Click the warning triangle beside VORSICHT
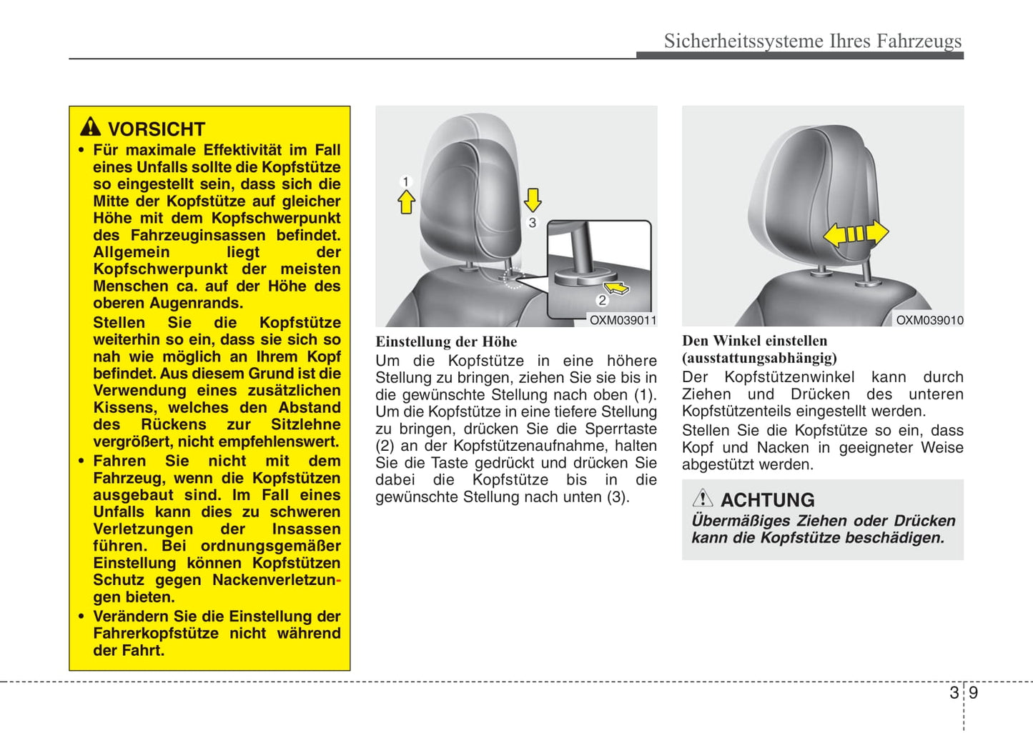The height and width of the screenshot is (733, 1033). click(x=90, y=127)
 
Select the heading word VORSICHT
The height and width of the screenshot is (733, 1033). click(x=157, y=129)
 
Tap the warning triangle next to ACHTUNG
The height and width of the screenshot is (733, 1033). click(x=703, y=498)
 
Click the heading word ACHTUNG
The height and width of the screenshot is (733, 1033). click(x=767, y=500)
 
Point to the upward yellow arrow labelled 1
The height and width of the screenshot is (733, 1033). click(x=406, y=203)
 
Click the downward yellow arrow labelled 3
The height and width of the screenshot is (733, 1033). click(x=533, y=199)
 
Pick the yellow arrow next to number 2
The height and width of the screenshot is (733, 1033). click(x=617, y=288)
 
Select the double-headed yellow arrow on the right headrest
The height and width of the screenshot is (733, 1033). click(x=856, y=234)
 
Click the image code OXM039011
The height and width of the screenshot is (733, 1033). click(x=623, y=321)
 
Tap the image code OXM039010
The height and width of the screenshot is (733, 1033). click(x=929, y=321)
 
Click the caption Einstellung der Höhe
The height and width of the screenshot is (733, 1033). click(x=446, y=342)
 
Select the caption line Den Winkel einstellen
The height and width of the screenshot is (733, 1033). click(x=754, y=341)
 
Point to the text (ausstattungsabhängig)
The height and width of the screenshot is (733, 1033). click(x=759, y=358)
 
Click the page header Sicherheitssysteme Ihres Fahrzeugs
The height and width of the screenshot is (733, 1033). click(x=812, y=41)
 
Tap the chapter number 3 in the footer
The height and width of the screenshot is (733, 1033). click(x=954, y=692)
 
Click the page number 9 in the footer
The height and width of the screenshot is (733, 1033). click(x=973, y=692)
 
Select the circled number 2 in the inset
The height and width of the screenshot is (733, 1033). click(x=602, y=300)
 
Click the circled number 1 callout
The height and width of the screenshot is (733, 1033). click(x=406, y=181)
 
